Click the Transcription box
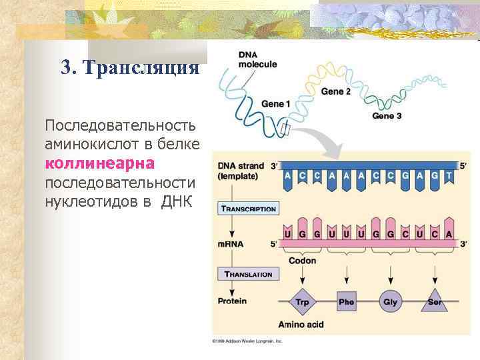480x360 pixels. click(x=248, y=209)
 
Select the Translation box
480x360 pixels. click(x=248, y=274)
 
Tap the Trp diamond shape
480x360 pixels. click(x=302, y=302)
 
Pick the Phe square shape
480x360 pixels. click(x=346, y=302)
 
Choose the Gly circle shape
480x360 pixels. click(x=390, y=302)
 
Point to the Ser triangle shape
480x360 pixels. click(x=435, y=301)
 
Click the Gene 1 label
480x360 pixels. click(x=275, y=104)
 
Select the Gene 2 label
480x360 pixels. click(x=335, y=91)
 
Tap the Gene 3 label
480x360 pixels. click(x=387, y=115)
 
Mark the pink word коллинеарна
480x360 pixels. click(x=99, y=163)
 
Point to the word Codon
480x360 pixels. click(x=302, y=261)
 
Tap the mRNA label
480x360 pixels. click(x=231, y=244)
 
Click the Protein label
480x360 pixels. click(x=231, y=301)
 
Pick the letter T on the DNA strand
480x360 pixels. click(x=448, y=175)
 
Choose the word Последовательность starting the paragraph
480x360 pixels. click(x=120, y=125)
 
